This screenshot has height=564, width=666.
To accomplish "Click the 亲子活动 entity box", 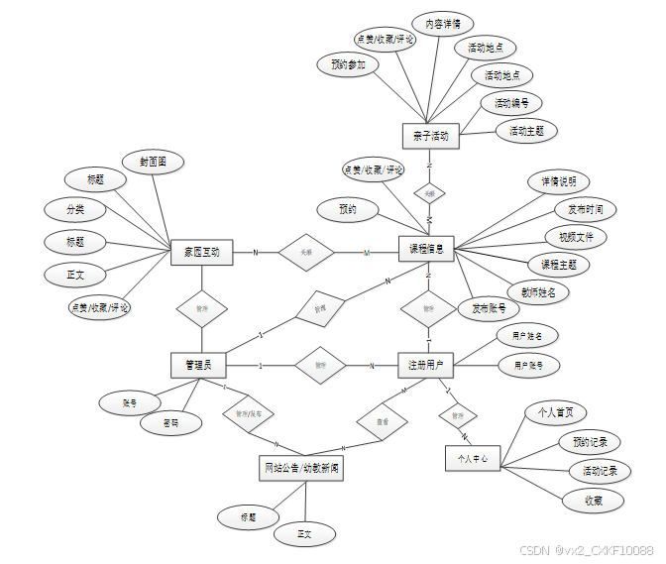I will click(429, 136).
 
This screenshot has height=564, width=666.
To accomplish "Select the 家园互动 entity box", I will click(201, 253).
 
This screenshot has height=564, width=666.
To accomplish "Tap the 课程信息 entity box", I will click(426, 249).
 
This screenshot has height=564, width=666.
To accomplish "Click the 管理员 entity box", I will click(197, 365).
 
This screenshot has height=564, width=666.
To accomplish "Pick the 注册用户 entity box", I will click(425, 365).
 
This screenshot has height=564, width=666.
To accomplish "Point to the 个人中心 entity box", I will click(473, 458).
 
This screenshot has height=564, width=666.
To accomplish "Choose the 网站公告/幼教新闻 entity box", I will click(303, 468).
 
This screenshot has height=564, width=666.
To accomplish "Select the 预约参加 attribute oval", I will click(348, 65).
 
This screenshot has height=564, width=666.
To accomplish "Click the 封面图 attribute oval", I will click(152, 161).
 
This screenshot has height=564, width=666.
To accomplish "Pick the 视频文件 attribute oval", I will click(575, 237).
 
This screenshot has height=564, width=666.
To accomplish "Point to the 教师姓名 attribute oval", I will click(537, 291).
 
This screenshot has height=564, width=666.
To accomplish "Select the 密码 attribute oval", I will click(171, 423).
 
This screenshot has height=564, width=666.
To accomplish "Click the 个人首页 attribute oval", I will click(555, 412).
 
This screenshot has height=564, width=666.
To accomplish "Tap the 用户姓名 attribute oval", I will click(527, 337).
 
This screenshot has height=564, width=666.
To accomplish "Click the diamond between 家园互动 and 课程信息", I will click(306, 253).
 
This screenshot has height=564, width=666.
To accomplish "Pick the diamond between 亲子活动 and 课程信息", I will click(429, 192).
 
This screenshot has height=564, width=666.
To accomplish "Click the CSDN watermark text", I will click(587, 549).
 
